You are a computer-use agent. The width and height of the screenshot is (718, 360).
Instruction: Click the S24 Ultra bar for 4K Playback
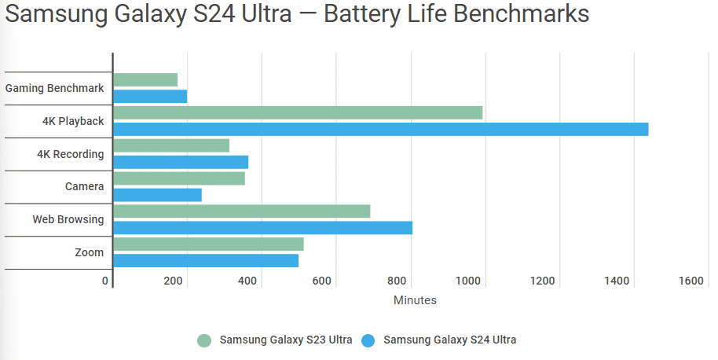pos(381,129)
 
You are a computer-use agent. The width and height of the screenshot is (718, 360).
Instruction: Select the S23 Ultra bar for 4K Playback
pos(298,112)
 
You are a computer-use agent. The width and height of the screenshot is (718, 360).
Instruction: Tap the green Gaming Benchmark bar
pos(145,79)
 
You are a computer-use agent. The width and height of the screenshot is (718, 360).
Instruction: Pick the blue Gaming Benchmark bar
pos(150,96)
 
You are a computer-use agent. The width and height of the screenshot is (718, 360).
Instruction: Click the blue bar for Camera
pos(157,195)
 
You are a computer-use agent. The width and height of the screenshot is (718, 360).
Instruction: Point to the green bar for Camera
pos(179,178)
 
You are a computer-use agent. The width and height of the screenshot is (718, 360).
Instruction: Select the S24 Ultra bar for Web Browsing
pos(262,228)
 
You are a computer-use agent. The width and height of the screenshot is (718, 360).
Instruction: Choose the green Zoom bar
pos(208,244)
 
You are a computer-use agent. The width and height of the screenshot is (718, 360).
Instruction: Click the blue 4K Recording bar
pos(181,162)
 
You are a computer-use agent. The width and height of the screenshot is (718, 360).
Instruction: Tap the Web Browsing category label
pos(68,219)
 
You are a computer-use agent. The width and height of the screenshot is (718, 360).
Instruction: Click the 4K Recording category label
pos(70,154)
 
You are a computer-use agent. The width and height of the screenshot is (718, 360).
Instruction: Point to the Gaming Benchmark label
pos(54,88)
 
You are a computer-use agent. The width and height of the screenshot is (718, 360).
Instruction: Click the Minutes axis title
pos(415,300)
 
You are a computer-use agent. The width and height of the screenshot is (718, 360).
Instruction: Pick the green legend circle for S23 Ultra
pos(205,340)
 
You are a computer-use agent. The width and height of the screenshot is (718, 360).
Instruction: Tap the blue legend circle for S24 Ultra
pos(369,340)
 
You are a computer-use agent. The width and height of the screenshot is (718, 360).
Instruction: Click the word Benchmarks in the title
pos(520,16)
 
